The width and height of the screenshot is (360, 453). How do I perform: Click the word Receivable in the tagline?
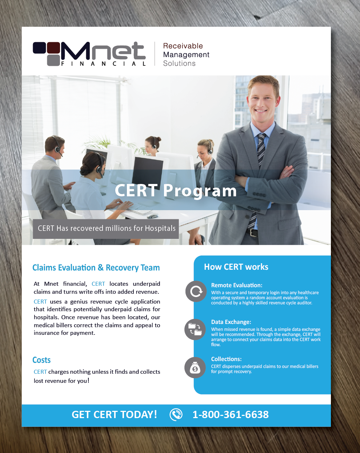click(183, 46)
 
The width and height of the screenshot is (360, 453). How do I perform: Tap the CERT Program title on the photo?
click(176, 191)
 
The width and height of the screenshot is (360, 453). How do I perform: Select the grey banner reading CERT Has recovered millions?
click(106, 229)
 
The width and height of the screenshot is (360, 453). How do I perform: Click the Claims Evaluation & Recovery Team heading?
click(96, 268)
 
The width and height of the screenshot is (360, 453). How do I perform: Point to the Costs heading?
click(41, 360)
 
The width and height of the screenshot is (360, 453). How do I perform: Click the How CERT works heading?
click(236, 267)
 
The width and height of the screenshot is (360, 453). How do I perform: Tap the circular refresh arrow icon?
click(196, 291)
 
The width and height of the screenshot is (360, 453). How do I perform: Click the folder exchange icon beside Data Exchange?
click(195, 329)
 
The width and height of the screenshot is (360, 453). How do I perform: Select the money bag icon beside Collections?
click(195, 368)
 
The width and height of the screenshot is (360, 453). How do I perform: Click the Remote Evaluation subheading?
click(237, 285)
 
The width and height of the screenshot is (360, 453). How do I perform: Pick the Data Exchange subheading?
click(231, 322)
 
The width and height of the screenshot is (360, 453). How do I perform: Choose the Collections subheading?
click(226, 359)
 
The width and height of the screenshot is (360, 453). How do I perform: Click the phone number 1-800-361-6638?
click(231, 415)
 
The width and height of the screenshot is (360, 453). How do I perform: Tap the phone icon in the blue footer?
click(176, 414)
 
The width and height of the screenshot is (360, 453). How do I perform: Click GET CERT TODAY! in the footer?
click(114, 415)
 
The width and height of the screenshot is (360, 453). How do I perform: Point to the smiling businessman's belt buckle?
click(253, 232)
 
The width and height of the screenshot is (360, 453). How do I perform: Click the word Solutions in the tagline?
click(179, 63)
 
